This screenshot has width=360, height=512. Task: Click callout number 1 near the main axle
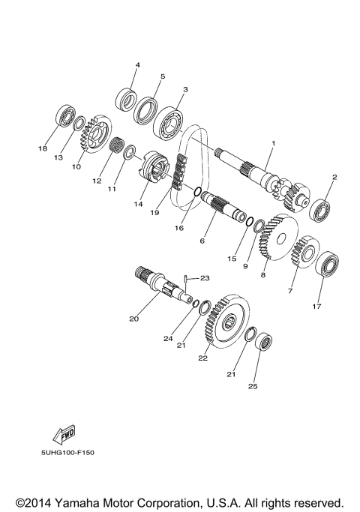tap(274, 143)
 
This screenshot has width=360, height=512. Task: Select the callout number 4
tap(137, 65)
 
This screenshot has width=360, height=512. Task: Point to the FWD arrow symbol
tap(64, 436)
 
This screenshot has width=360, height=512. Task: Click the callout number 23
tap(204, 277)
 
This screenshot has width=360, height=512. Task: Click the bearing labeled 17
tap(328, 265)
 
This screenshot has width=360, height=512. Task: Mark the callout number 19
tap(154, 213)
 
